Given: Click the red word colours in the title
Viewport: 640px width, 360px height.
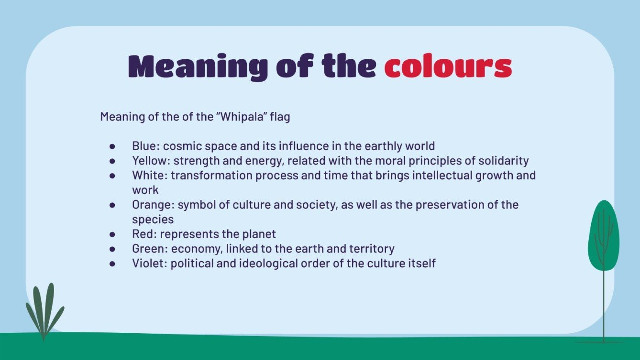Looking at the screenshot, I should click(448, 66).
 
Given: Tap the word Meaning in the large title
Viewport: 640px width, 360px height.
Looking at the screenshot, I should click(198, 66).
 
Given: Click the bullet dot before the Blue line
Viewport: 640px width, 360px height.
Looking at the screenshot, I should click(112, 146).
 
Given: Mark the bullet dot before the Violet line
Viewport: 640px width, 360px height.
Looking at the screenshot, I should click(112, 263).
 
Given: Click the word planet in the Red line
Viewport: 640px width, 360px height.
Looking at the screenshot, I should click(260, 234).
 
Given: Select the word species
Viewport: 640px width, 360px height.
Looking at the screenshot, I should click(153, 219).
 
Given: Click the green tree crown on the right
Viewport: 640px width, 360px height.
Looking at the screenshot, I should click(603, 234).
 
